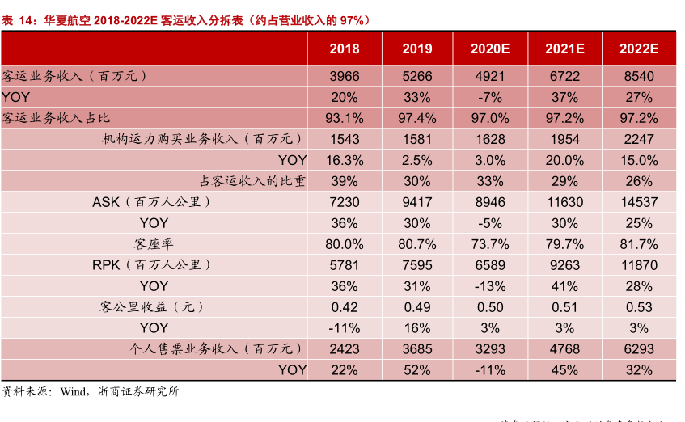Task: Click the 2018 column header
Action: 344,49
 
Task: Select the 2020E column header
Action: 490,49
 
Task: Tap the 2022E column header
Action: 639,49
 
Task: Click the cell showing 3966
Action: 344,76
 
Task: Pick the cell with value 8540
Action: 638,76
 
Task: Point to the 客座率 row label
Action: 154,243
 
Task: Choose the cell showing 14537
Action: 638,201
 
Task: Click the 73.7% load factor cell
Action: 490,243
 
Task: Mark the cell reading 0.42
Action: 344,306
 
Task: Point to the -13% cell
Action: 490,285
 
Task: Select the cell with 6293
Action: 638,348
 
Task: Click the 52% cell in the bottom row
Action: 417,369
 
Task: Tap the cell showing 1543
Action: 344,139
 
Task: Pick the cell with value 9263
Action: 564,264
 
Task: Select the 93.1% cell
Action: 344,118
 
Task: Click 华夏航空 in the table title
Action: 67,19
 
